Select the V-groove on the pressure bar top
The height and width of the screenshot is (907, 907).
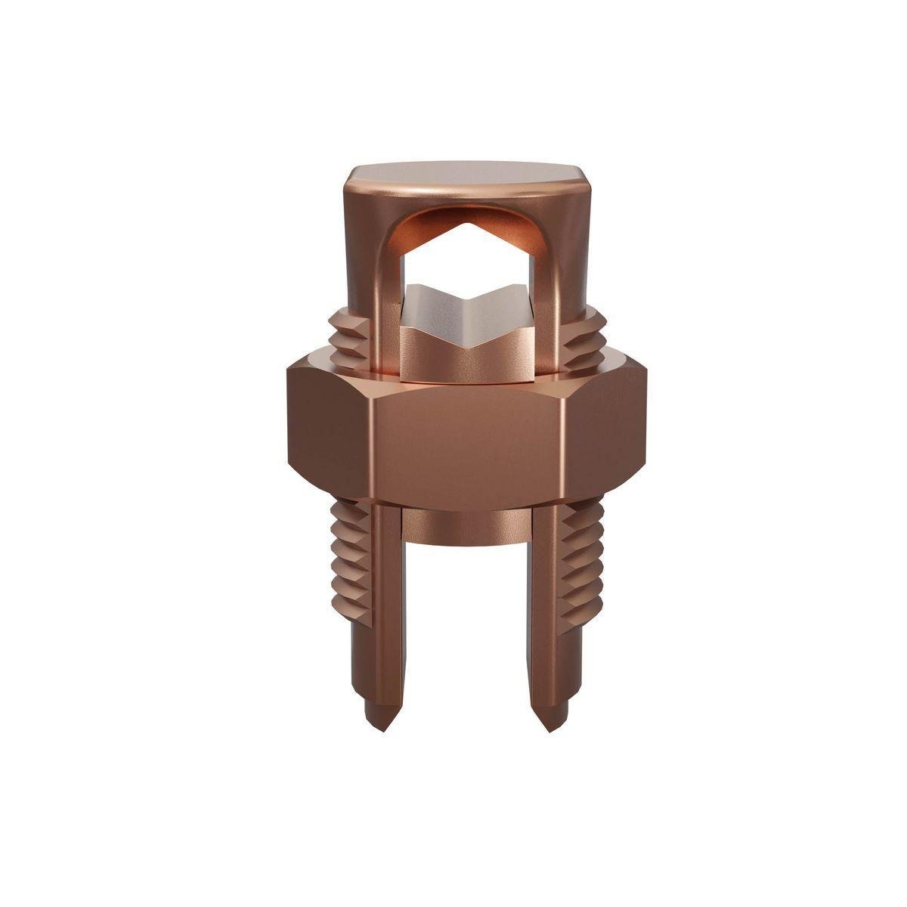(x=467, y=301)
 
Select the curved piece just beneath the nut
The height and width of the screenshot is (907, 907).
(x=466, y=525)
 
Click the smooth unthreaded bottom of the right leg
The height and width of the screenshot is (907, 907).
(x=559, y=665)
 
